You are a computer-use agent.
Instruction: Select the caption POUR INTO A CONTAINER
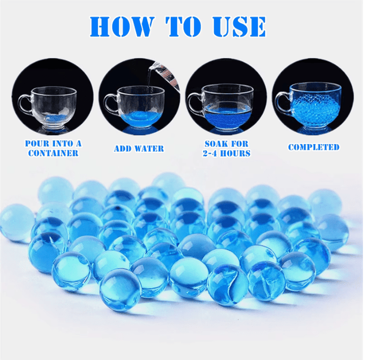(53, 148)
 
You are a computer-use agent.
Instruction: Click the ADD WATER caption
(139, 149)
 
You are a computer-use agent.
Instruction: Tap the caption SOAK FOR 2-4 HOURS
(227, 149)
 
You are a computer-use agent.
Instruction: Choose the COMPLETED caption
(314, 147)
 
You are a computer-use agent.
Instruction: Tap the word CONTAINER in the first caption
(53, 153)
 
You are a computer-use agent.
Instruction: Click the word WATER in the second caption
(151, 149)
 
